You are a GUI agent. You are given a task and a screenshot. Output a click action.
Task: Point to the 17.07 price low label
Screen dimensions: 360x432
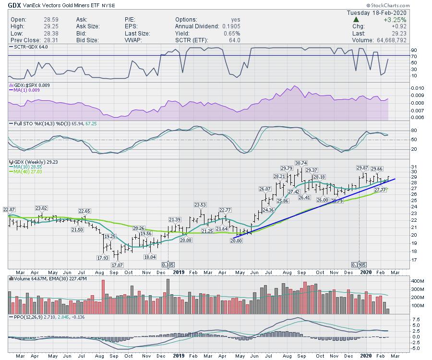[118, 265]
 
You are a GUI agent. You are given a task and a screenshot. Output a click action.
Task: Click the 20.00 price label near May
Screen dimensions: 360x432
[236, 241]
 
